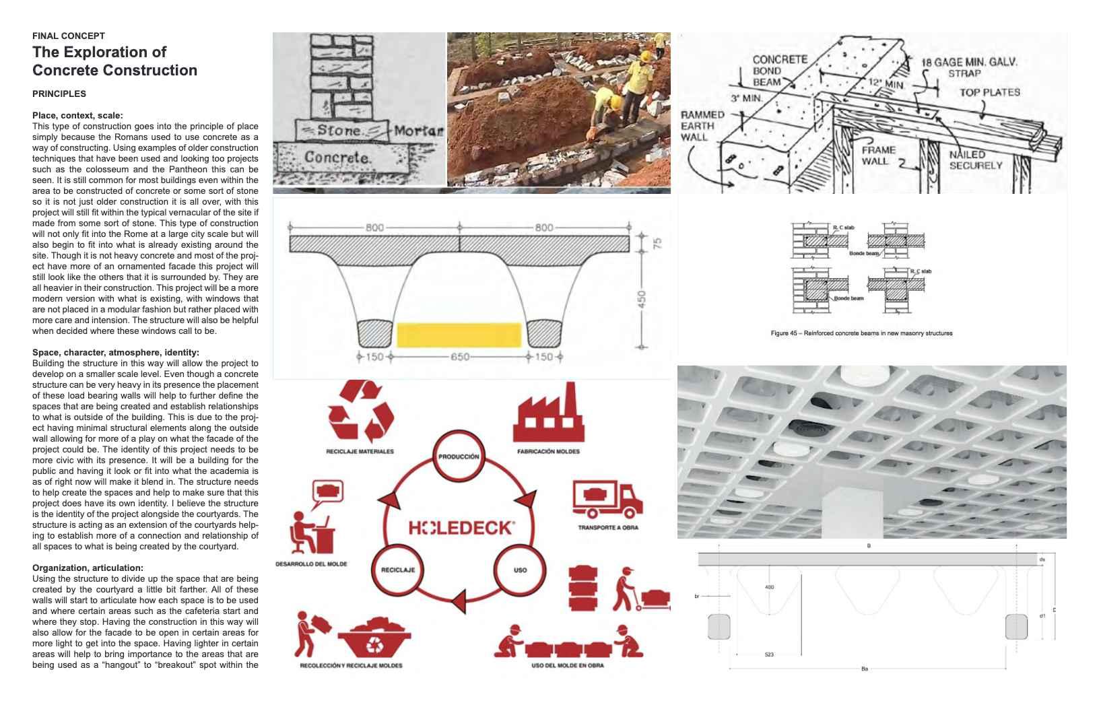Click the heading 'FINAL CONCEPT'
68,36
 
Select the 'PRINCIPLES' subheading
59,94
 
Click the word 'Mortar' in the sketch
418,130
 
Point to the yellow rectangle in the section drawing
459,335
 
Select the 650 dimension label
460,357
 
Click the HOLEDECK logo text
462,528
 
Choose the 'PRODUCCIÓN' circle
459,456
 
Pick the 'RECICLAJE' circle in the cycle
398,570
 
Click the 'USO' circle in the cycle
520,570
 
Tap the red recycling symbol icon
360,411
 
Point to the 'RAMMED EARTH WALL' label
702,126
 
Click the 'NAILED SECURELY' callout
975,160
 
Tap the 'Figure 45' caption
861,333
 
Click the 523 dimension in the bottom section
769,654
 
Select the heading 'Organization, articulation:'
88,568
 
